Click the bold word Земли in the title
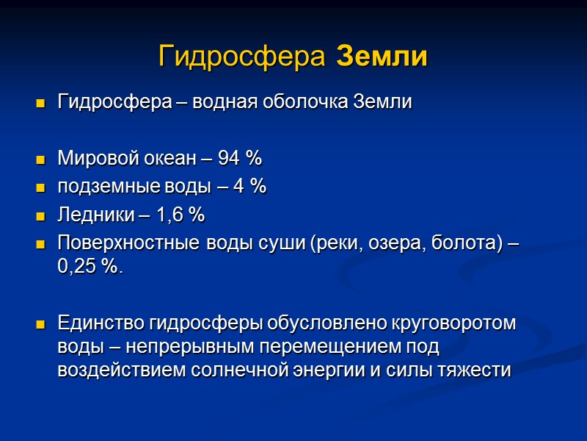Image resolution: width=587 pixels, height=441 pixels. point(382,57)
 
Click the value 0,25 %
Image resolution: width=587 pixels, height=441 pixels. point(89,268)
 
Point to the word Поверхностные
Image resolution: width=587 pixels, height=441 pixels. point(120,244)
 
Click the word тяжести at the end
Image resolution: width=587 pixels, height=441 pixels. point(475,370)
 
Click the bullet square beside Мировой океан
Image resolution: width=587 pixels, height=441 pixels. point(40,159)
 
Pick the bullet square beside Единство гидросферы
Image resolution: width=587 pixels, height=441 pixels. point(40,323)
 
